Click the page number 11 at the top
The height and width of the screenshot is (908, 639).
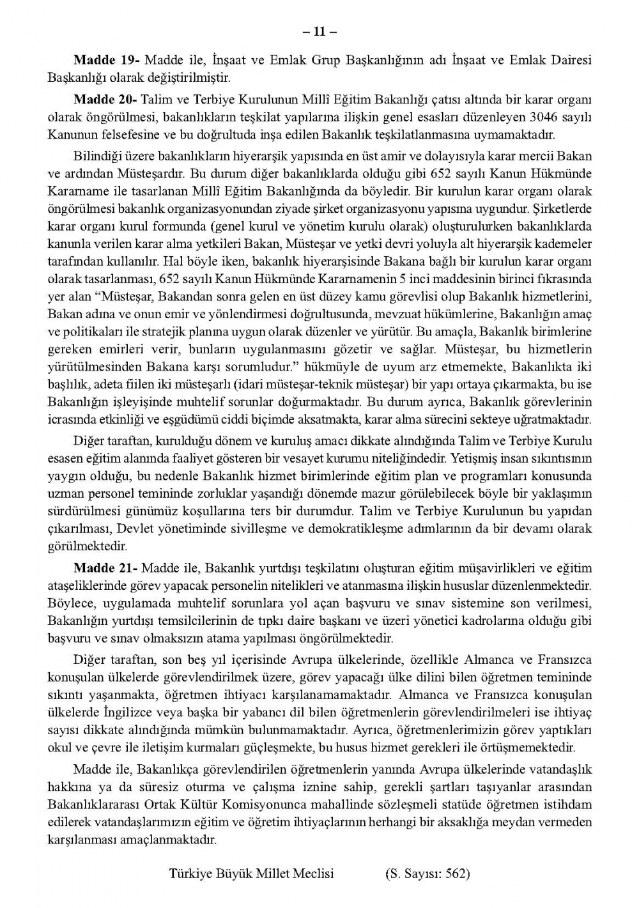tap(319, 31)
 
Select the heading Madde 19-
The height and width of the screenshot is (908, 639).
tap(107, 60)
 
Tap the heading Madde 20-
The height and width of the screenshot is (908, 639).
tap(105, 100)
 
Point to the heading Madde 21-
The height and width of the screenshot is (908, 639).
tap(105, 568)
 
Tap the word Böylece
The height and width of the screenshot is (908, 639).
tap(68, 603)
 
